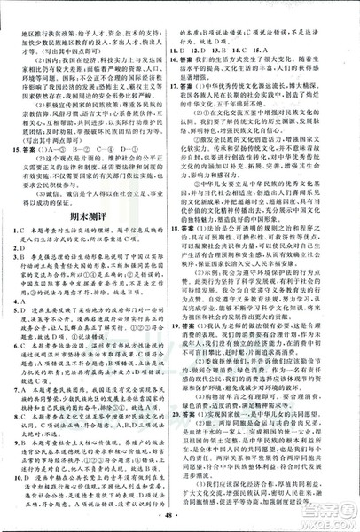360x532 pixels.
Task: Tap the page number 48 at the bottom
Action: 180,512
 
